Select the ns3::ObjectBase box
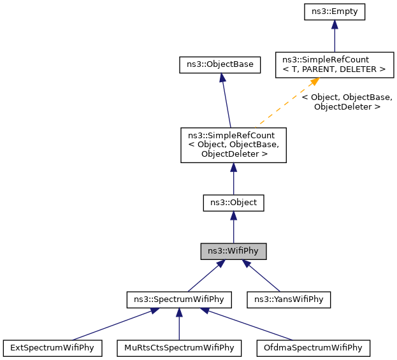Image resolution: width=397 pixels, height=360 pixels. (220, 64)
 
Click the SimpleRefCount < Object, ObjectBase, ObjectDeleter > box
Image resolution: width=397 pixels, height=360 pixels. (233, 145)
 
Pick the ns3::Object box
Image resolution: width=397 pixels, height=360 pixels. (233, 203)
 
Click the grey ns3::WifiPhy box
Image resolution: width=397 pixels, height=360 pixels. (233, 251)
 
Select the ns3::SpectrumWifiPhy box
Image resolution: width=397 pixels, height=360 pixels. (179, 299)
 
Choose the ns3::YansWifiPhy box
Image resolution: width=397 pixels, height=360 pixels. (289, 299)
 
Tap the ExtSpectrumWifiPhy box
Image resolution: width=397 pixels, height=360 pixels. (53, 348)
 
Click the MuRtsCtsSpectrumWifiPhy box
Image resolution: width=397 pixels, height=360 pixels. (179, 348)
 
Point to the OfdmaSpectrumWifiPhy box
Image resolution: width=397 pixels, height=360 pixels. (312, 348)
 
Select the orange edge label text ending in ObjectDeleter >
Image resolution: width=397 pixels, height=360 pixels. (347, 102)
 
